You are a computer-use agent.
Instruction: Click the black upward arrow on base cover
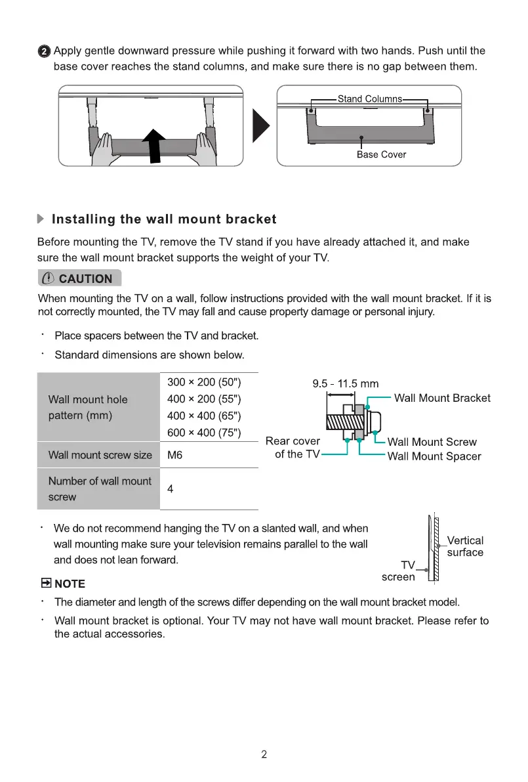pos(155,144)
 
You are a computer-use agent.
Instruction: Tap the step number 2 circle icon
pos(44,51)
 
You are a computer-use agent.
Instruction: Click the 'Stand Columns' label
pos(369,98)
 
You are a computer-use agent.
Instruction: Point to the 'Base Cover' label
pos(381,154)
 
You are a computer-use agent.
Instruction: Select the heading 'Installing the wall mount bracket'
pos(163,219)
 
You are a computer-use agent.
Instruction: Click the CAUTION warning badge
pos(79,278)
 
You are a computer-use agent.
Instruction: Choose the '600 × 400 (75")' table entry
pos(205,432)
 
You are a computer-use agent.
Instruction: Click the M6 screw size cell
pos(175,455)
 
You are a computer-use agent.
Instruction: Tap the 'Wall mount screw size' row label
pos(100,455)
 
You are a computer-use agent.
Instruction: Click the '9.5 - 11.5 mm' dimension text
pos(345,384)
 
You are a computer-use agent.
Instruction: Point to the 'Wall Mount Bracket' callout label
pos(442,398)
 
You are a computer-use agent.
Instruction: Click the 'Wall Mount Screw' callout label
pos(432,442)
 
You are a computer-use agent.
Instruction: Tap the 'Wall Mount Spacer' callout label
pos(434,456)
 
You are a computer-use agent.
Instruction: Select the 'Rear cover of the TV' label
pos(294,447)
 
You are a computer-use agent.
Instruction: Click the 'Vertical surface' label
pos(465,546)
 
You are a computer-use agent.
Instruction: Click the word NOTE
pos(70,584)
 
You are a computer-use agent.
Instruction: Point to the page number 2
pos(264,754)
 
